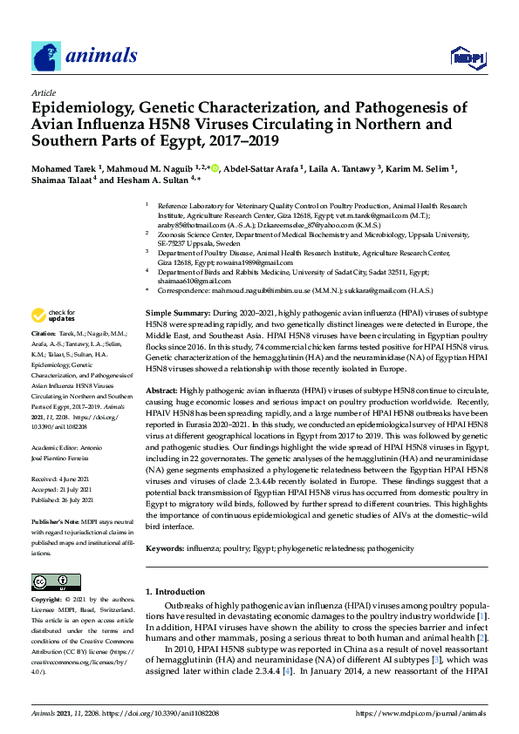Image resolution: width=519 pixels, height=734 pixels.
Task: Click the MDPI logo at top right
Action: coord(468,57)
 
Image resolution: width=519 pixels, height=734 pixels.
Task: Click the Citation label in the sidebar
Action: coord(44,333)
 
